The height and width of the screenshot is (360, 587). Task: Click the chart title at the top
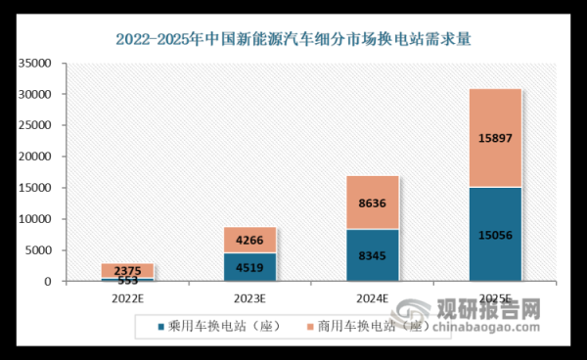[x=293, y=40]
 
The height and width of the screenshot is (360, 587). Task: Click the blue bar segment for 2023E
[x=249, y=267]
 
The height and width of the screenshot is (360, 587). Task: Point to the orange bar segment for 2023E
[x=249, y=241]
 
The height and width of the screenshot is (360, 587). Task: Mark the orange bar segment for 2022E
[x=126, y=270]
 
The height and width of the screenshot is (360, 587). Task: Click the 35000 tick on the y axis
[x=35, y=64]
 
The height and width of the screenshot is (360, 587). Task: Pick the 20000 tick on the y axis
[x=35, y=157]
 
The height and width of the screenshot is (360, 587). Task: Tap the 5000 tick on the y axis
[x=38, y=250]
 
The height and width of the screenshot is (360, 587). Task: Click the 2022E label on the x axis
[x=126, y=297]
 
